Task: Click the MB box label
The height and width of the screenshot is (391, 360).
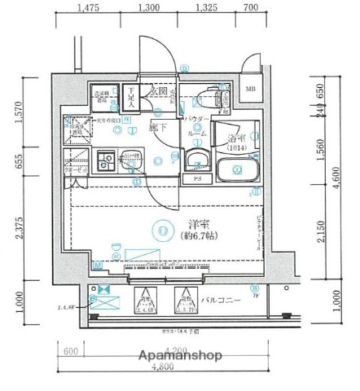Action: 250,89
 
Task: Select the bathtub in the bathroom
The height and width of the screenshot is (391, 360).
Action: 237,169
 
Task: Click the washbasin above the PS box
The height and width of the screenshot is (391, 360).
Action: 196,158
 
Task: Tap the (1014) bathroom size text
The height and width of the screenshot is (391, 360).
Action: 237,149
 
